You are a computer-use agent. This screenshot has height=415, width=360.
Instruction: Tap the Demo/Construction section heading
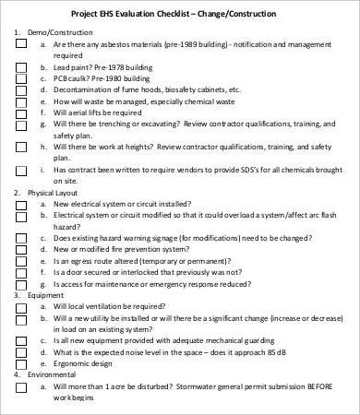pyautogui.click(x=53, y=31)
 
